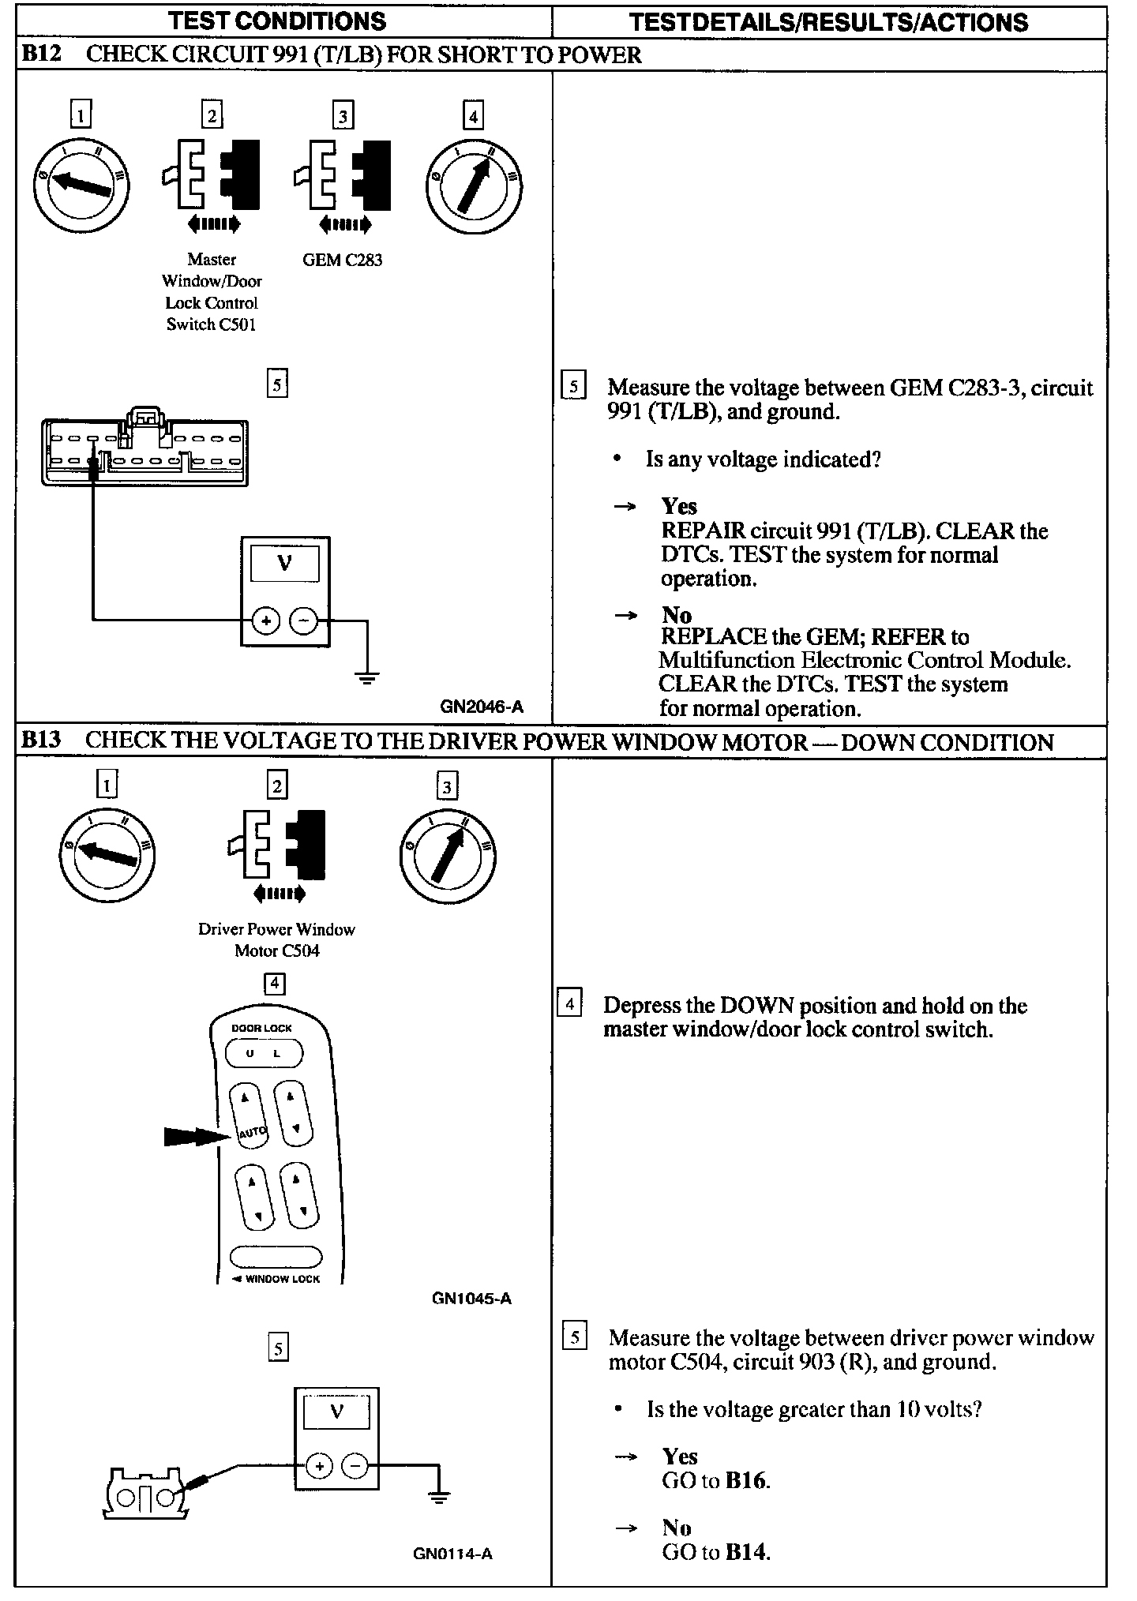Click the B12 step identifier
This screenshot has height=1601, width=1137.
(x=40, y=54)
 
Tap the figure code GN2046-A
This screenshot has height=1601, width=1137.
(x=481, y=707)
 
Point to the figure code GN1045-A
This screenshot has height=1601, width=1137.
(x=471, y=1299)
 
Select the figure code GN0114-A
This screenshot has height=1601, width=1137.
(x=452, y=1554)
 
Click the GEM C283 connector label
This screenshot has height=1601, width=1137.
(x=342, y=260)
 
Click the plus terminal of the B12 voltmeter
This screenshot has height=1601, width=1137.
(x=266, y=621)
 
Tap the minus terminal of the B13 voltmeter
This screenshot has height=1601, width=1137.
(x=355, y=1466)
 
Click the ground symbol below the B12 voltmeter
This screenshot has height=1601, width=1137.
(x=366, y=677)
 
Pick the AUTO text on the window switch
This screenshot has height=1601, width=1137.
(x=253, y=1133)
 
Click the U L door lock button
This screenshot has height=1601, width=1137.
(x=265, y=1053)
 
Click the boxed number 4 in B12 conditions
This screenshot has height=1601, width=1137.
(x=472, y=117)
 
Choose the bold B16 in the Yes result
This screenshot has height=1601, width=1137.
(x=746, y=1480)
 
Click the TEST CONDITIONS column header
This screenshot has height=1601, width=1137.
(x=277, y=21)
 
